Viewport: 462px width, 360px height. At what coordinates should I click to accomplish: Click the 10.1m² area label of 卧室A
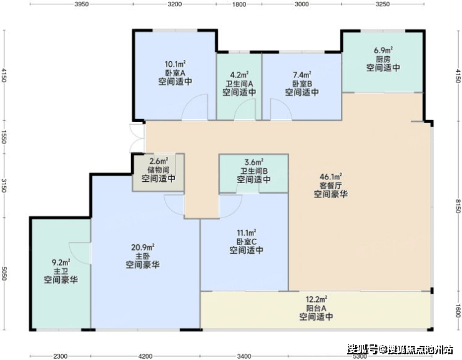click(175, 64)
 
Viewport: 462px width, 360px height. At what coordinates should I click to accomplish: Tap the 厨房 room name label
click(383, 59)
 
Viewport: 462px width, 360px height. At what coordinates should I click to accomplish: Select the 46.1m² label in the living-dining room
click(331, 176)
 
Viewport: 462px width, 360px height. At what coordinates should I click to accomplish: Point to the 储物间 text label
click(159, 170)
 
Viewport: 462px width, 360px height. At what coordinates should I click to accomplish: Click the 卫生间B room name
click(253, 171)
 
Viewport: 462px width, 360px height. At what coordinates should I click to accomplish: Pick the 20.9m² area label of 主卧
click(142, 247)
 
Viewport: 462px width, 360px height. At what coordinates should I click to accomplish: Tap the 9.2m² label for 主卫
click(61, 262)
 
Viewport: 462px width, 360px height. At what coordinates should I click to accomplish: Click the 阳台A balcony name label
click(316, 308)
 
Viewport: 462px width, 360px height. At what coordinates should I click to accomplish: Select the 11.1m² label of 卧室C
click(247, 232)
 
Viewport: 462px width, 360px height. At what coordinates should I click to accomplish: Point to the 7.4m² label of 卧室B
click(302, 75)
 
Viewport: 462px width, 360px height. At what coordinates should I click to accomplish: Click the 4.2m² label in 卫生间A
click(239, 75)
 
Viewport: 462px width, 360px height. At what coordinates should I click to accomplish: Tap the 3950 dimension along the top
click(81, 4)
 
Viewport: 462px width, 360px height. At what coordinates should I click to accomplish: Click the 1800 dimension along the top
click(239, 4)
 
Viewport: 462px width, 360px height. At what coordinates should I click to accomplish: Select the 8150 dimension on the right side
click(458, 206)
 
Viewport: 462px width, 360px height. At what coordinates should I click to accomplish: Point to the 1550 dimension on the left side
click(4, 137)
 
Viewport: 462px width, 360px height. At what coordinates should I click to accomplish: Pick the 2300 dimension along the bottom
click(60, 356)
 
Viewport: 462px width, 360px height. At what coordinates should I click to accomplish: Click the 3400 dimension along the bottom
click(244, 356)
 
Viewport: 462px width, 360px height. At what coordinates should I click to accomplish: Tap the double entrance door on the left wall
click(137, 139)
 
